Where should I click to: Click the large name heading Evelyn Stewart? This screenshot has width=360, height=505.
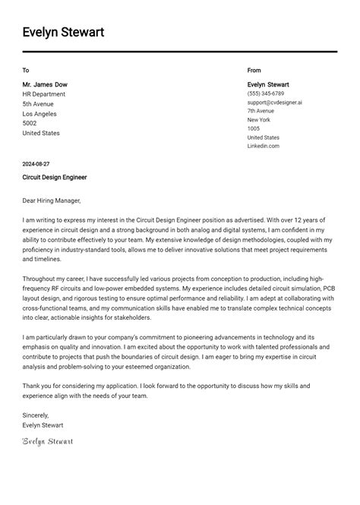(x=63, y=32)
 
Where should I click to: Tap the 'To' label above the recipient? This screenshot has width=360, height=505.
(x=26, y=71)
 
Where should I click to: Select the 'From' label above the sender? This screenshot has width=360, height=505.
(x=254, y=71)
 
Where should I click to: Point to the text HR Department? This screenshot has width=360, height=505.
(x=44, y=94)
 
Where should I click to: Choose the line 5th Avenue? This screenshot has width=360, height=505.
(x=38, y=104)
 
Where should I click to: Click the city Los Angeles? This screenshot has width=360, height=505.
(x=40, y=114)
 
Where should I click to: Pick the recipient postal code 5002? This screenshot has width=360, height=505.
(x=30, y=123)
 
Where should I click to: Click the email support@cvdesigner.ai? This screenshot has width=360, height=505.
(x=274, y=102)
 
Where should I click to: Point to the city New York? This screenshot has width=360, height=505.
(x=259, y=120)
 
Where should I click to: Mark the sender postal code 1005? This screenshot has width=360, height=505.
(x=254, y=128)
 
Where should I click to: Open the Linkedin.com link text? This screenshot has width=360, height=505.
(x=264, y=146)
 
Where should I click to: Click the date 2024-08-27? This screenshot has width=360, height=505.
(x=36, y=164)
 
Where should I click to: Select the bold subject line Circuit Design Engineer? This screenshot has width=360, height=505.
(x=55, y=177)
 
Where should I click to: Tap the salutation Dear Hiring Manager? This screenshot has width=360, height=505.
(x=52, y=200)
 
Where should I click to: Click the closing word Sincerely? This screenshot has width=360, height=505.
(x=36, y=415)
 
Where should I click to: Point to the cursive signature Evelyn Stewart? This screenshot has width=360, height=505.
(x=48, y=441)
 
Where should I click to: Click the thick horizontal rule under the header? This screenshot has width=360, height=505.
(x=179, y=52)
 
